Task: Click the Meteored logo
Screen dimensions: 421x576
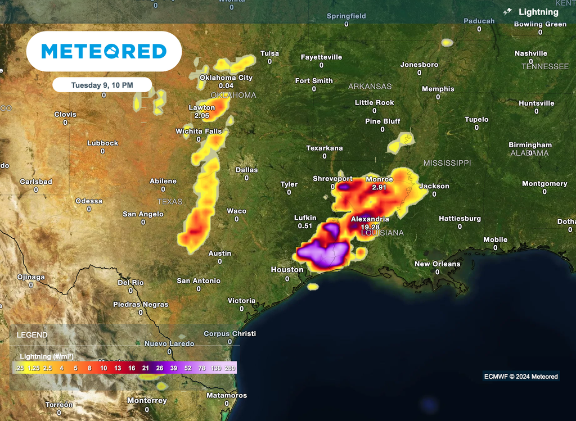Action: coord(104,52)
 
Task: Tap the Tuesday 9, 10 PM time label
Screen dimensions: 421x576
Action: coord(102,85)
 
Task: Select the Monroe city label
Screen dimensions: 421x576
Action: coord(380,179)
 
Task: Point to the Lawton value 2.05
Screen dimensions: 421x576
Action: coord(201,115)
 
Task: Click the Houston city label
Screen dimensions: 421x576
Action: coord(287,270)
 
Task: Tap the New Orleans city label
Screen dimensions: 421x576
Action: coord(437,264)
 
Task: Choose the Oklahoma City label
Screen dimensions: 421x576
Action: coord(226,78)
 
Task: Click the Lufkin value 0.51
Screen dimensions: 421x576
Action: coord(305,226)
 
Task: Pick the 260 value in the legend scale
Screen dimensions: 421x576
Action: coord(229,368)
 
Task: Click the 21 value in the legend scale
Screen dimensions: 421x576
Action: coord(145,368)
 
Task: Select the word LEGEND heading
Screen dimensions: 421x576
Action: coord(32,335)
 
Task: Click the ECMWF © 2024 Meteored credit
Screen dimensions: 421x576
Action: coord(521,376)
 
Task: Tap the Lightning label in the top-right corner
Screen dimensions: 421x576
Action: coord(538,12)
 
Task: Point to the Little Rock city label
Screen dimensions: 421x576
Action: coord(375,103)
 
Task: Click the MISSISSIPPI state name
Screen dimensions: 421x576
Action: coord(447,162)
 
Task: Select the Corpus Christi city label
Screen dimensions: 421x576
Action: coord(229,333)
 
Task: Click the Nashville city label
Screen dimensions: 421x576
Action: coord(531,53)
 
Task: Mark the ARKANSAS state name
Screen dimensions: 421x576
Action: coord(370,87)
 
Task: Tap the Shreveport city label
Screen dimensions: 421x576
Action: coord(333,179)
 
